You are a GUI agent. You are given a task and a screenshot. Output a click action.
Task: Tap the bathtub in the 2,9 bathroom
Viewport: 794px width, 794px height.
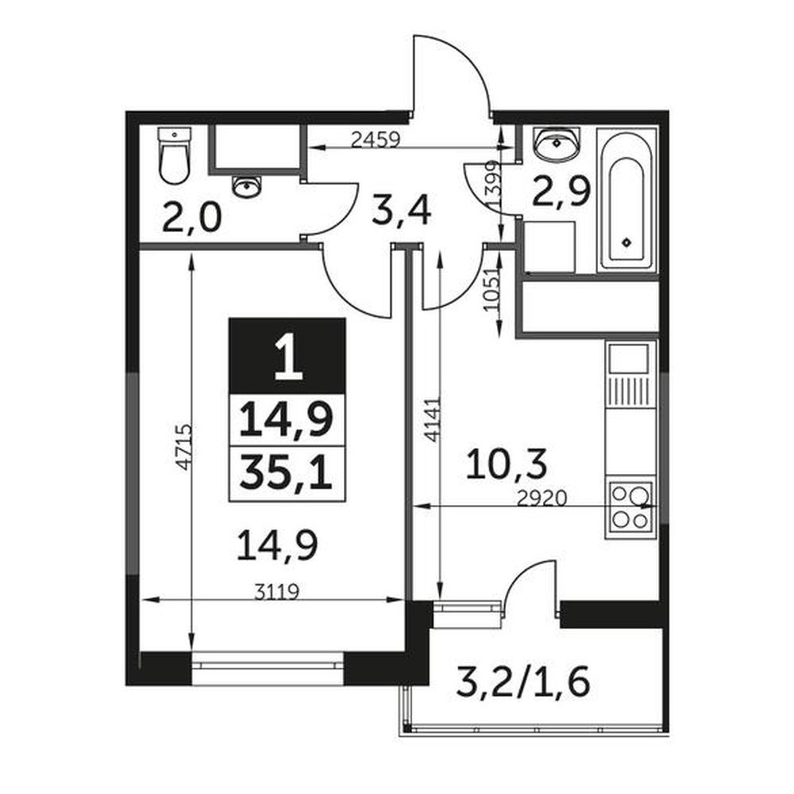coord(627,201)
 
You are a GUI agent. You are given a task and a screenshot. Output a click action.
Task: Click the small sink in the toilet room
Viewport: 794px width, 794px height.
coord(248,187)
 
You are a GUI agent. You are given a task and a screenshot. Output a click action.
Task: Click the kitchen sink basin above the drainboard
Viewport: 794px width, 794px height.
coord(628,359)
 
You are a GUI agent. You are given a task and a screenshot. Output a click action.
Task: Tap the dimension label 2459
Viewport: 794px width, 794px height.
coord(376,139)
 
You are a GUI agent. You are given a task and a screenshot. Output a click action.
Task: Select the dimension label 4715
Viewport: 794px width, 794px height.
coord(184,447)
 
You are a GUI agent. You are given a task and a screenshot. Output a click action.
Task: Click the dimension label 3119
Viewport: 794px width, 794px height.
coord(277,592)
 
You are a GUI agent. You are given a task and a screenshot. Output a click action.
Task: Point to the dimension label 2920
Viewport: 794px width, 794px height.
coord(542,499)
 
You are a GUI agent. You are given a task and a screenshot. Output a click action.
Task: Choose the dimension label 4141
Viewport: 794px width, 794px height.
coord(431,419)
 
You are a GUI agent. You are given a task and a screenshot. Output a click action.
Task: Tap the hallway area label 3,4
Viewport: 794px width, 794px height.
coord(401,211)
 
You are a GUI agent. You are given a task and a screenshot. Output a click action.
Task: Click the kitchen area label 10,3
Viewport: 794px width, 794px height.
coord(507,464)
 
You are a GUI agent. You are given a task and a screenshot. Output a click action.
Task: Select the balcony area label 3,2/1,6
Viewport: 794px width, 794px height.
coord(523,681)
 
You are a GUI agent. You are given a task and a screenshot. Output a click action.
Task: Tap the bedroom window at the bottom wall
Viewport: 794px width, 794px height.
coord(268,669)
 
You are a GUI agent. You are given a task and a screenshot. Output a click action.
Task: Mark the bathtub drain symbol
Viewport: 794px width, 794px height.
coord(627,242)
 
